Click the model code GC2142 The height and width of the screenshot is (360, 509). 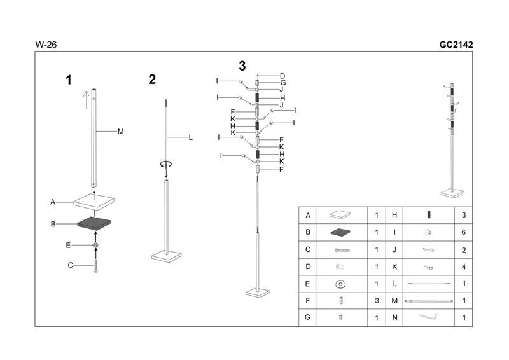[456, 45]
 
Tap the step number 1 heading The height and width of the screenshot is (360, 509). [69, 80]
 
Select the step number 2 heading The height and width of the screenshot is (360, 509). [152, 80]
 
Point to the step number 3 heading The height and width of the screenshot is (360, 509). [242, 66]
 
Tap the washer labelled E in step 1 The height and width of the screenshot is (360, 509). [95, 245]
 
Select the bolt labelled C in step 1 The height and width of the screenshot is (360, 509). [95, 266]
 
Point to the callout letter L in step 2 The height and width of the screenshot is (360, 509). [190, 137]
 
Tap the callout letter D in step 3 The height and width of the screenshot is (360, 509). [282, 76]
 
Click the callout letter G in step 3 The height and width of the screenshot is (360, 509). [282, 83]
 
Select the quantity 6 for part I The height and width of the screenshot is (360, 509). [463, 233]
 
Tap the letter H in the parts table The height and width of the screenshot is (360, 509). [394, 216]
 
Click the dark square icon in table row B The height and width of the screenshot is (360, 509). [341, 233]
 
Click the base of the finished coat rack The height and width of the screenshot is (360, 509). [452, 191]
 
